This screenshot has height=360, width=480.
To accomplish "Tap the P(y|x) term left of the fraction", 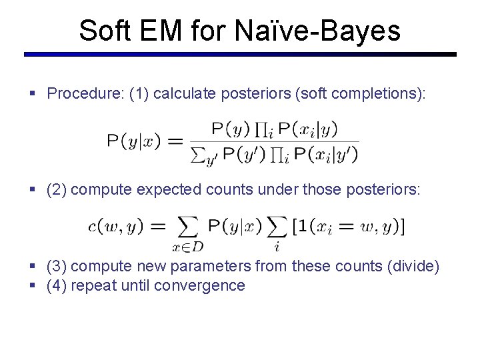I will pos(133,141).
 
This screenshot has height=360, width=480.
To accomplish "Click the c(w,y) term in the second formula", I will pos(115,226).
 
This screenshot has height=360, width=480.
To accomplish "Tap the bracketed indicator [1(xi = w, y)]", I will pos(347,226).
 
